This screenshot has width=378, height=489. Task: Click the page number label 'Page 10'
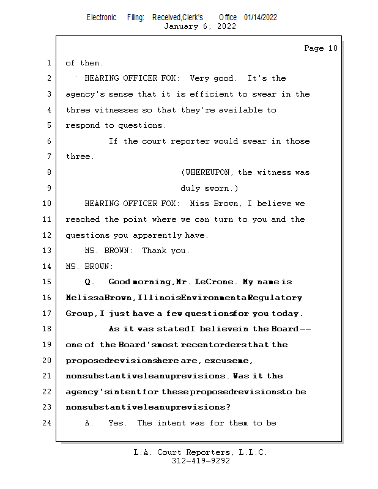(321, 48)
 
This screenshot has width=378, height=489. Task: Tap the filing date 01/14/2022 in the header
(260, 17)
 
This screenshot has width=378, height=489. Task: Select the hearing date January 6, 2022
(200, 26)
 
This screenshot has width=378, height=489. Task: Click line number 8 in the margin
(48, 172)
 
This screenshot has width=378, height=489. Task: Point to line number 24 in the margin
(46, 423)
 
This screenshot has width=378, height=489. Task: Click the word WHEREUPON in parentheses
(209, 172)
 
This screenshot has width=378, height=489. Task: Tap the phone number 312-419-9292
(201, 461)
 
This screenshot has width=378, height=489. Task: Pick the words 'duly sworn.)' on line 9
(209, 188)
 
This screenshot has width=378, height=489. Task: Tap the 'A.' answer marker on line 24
(90, 423)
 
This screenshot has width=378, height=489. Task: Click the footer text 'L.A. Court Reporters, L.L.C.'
(200, 452)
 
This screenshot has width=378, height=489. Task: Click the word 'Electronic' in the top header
(102, 17)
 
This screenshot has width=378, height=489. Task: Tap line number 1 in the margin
(48, 63)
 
